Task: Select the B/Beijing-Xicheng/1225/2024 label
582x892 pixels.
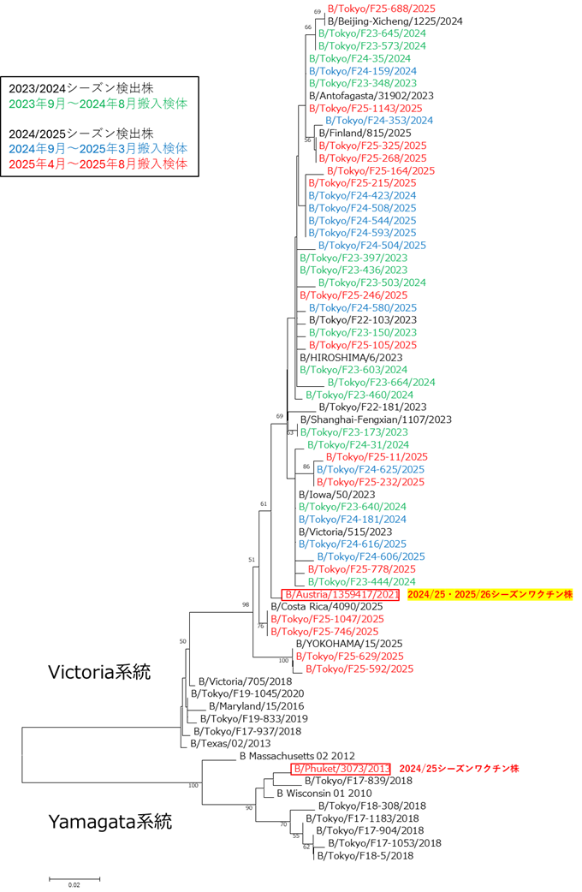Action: point(395,21)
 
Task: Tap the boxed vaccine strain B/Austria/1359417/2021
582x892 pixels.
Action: point(340,594)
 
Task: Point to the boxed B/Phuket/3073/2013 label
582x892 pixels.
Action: point(341,769)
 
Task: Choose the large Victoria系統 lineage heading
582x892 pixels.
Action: point(98,672)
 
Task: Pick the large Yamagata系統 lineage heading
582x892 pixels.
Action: point(109,824)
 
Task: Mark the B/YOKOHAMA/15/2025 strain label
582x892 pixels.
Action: point(348,644)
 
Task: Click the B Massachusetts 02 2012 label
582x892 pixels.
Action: point(296,756)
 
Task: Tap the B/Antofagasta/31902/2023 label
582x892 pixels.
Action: point(371,96)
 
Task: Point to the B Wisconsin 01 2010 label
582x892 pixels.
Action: point(324,794)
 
